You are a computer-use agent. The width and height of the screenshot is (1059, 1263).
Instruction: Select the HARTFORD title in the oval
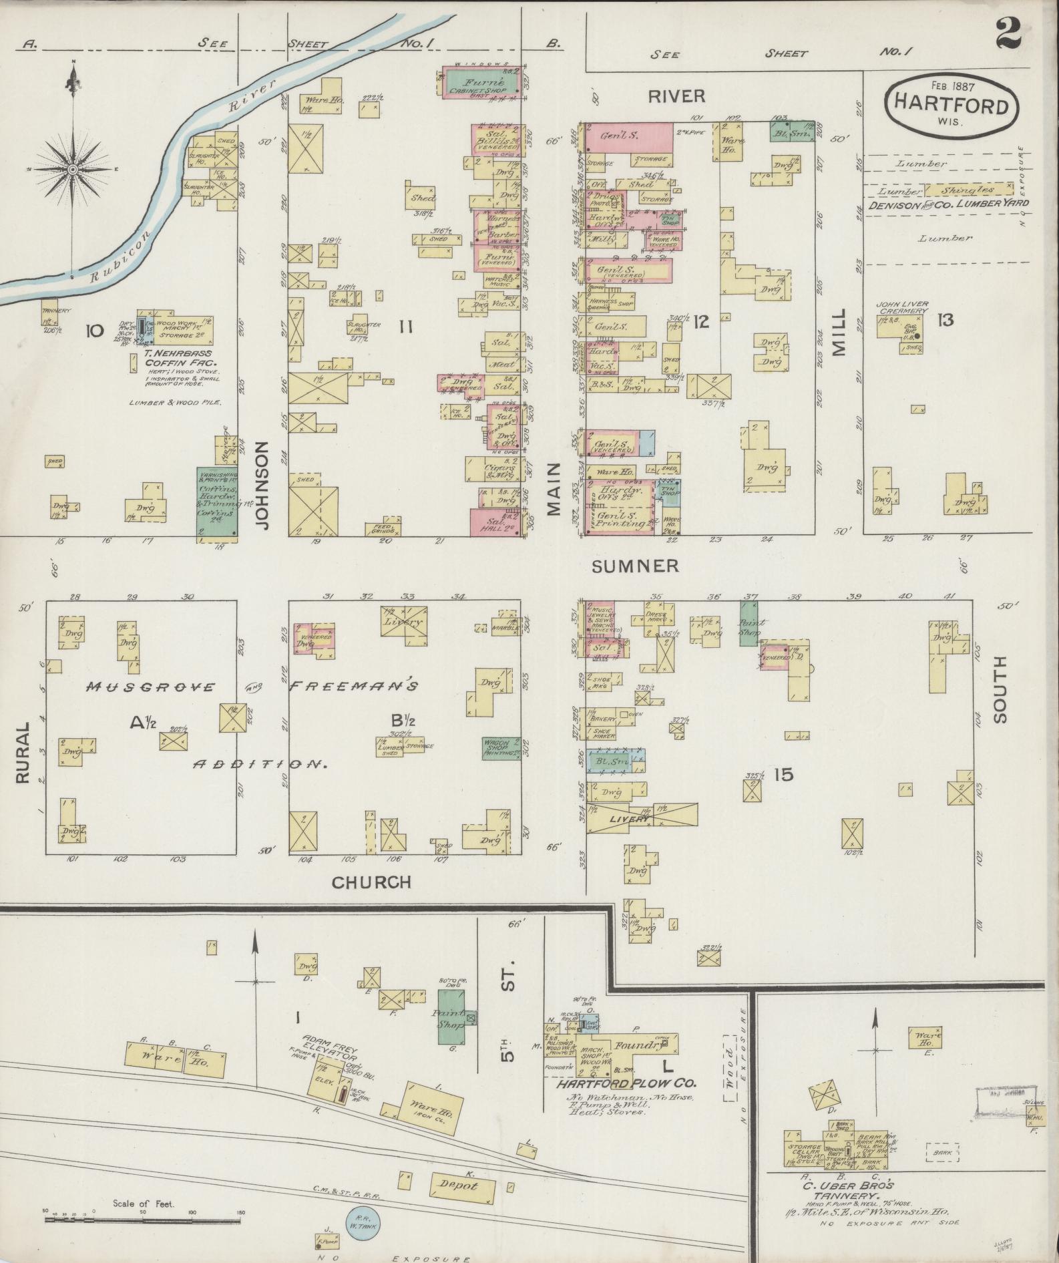point(951,106)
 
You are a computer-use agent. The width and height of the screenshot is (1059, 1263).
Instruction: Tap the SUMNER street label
point(635,566)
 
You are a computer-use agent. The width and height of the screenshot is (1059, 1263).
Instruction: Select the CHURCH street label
point(371,882)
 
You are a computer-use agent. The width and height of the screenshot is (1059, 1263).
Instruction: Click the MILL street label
point(839,332)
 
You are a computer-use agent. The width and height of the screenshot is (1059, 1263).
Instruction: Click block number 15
point(783,775)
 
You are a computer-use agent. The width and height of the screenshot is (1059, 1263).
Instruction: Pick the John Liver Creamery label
point(902,307)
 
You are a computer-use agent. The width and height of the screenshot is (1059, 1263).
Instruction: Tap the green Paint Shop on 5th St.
point(451,1018)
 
